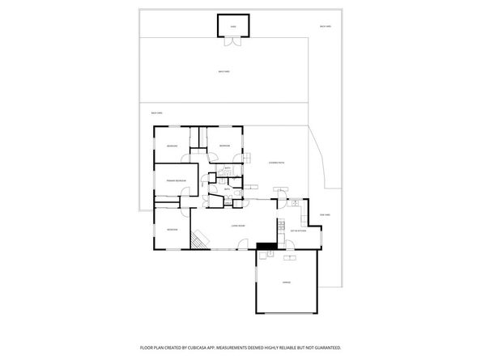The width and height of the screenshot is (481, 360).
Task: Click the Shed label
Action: click(232, 26)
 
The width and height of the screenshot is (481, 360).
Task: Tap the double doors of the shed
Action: click(232, 36)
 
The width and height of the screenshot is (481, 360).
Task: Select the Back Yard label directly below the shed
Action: click(223, 72)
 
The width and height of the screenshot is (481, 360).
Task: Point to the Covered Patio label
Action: click(276, 163)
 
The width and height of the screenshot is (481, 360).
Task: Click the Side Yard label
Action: click(325, 214)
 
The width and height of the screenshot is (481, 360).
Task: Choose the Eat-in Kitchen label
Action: click(297, 231)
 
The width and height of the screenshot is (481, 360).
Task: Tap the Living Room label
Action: click(238, 226)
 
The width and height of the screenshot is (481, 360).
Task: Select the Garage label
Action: click(287, 282)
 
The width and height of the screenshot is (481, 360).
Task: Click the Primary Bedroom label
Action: click(176, 180)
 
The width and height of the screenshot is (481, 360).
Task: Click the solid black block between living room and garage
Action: click(266, 247)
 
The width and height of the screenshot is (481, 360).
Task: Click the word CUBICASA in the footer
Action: click(199, 347)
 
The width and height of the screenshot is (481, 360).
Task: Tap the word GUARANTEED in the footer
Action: click(326, 347)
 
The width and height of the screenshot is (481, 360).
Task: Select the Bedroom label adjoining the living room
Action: click(172, 230)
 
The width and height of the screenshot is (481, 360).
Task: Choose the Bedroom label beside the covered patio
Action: click(224, 145)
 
